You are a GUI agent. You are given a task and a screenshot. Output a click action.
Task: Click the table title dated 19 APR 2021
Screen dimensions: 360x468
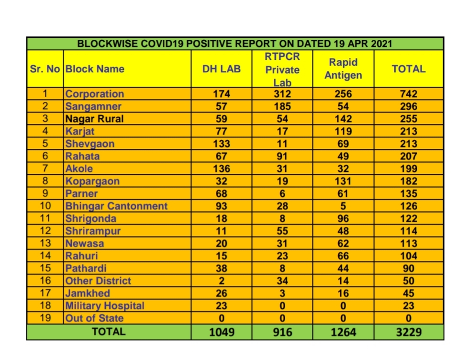pyautogui.click(x=234, y=44)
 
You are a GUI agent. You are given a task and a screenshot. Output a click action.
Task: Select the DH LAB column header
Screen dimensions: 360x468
pyautogui.click(x=221, y=69)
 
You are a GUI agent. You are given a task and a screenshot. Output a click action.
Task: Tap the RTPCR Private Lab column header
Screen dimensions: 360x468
pyautogui.click(x=282, y=69)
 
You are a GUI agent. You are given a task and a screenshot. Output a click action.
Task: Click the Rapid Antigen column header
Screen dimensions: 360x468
pyautogui.click(x=343, y=69)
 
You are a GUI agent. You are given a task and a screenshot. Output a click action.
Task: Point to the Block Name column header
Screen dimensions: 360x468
pyautogui.click(x=95, y=69)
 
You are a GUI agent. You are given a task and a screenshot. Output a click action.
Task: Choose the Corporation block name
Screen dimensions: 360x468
pyautogui.click(x=95, y=94)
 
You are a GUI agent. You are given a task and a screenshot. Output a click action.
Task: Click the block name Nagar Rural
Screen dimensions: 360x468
pyautogui.click(x=94, y=119)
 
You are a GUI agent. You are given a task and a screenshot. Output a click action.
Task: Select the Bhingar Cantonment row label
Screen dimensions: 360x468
pyautogui.click(x=116, y=206)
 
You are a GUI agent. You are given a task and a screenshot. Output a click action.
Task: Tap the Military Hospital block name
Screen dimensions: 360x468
pyautogui.click(x=105, y=305)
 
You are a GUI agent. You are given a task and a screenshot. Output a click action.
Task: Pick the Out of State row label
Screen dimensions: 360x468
pyautogui.click(x=94, y=318)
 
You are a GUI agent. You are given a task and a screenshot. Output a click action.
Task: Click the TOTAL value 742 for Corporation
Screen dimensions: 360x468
pyautogui.click(x=408, y=94)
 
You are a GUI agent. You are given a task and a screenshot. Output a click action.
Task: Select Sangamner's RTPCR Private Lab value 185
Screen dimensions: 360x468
pyautogui.click(x=282, y=106)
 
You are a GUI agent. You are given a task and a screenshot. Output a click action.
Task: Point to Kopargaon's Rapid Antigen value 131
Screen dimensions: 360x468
pyautogui.click(x=343, y=181)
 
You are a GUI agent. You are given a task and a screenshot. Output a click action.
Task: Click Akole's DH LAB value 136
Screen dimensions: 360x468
pyautogui.click(x=221, y=169)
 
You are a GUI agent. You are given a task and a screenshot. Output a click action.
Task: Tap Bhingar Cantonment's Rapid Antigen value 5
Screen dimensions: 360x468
pyautogui.click(x=343, y=206)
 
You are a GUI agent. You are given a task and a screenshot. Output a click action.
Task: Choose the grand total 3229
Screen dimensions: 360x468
pyautogui.click(x=408, y=331)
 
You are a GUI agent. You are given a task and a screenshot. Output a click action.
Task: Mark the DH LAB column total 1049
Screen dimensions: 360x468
pyautogui.click(x=222, y=331)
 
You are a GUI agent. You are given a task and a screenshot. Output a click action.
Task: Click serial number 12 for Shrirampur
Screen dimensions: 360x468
pyautogui.click(x=45, y=231)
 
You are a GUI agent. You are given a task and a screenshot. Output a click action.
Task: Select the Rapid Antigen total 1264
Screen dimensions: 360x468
pyautogui.click(x=343, y=331)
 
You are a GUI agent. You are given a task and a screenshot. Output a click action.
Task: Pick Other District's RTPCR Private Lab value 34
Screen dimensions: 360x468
pyautogui.click(x=282, y=281)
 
